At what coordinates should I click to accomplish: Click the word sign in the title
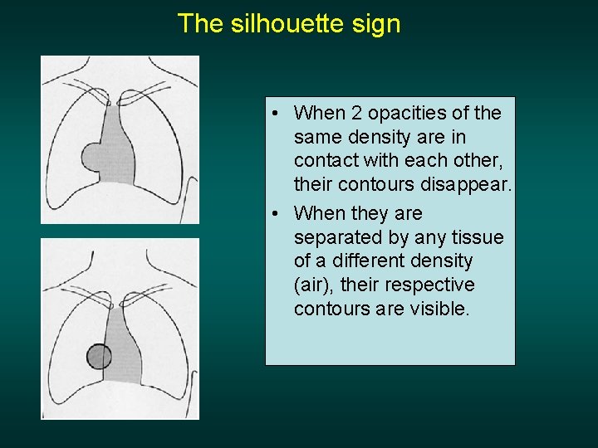[x=379, y=24]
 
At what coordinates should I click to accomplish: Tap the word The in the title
[x=200, y=23]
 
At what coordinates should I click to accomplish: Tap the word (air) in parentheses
[x=312, y=285]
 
